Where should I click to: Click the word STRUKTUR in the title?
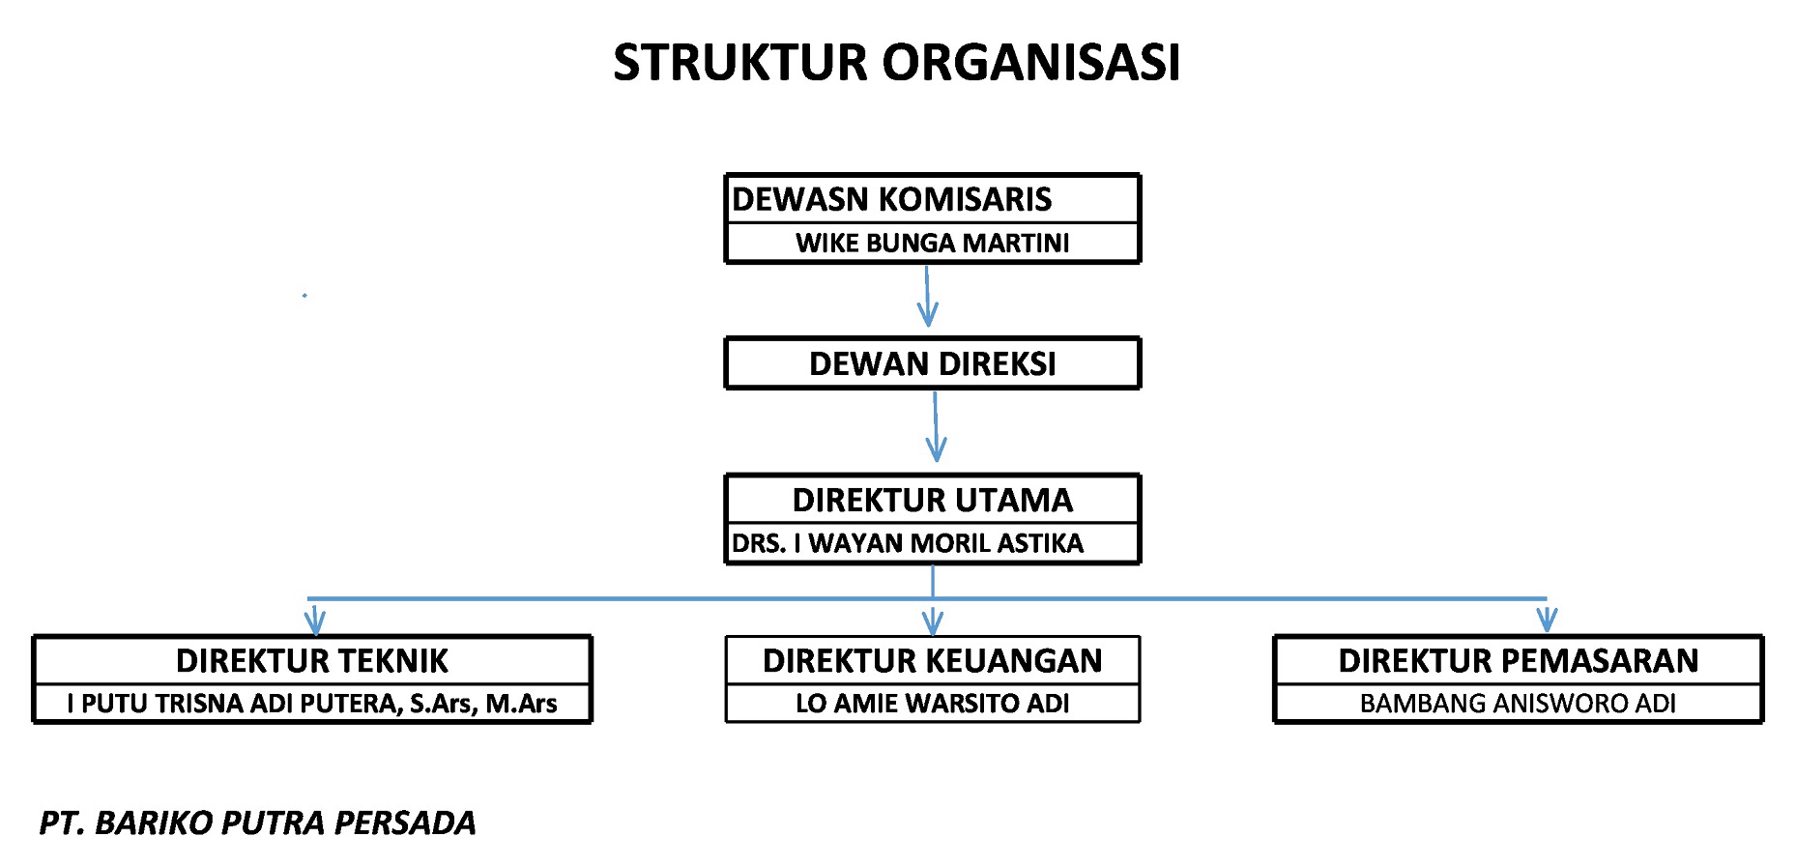[740, 62]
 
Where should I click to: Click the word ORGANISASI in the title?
[1031, 62]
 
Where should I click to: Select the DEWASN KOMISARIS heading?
[891, 199]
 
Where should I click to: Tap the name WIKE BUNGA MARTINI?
[932, 243]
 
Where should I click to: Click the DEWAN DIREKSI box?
[932, 363]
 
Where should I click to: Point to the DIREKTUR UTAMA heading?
[932, 500]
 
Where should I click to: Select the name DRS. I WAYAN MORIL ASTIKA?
[907, 543]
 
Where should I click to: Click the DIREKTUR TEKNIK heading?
[312, 660]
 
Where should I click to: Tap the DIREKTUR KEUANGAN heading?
[932, 660]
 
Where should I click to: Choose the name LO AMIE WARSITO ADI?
[932, 704]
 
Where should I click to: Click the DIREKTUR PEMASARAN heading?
[1518, 660]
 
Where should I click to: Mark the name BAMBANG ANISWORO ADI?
[1518, 704]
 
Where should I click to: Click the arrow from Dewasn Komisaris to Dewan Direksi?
[927, 296]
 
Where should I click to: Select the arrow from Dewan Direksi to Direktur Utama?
[935, 426]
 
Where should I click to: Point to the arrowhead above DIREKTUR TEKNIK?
[314, 621]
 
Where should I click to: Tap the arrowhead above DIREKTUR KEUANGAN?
[932, 621]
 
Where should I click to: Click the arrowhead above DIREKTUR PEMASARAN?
[1547, 619]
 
